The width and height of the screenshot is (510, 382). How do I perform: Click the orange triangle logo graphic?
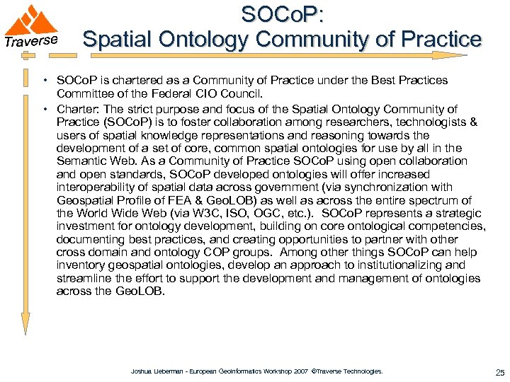36,21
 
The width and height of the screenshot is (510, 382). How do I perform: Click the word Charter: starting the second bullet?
76,109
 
